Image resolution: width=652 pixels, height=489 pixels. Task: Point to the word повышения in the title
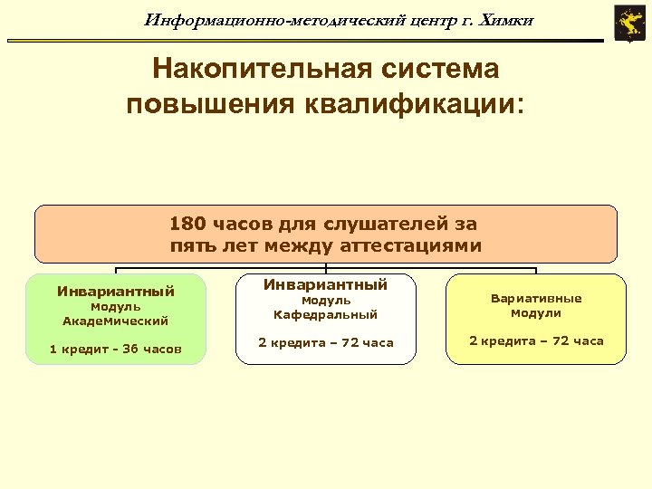205,103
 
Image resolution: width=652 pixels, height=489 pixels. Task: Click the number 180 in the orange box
188,224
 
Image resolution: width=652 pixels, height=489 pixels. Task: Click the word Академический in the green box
116,321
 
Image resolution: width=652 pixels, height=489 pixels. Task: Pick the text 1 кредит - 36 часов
116,349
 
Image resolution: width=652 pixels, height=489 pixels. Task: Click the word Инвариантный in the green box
116,292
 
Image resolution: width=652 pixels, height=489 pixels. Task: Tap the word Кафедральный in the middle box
326,314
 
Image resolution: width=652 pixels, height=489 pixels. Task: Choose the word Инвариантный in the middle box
326,284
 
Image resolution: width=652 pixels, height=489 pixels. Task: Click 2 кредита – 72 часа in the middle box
326,342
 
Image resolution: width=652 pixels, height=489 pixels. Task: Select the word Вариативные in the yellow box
536,298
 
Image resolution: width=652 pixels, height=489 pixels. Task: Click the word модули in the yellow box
536,313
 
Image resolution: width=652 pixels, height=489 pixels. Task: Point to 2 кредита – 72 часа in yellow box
536,341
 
